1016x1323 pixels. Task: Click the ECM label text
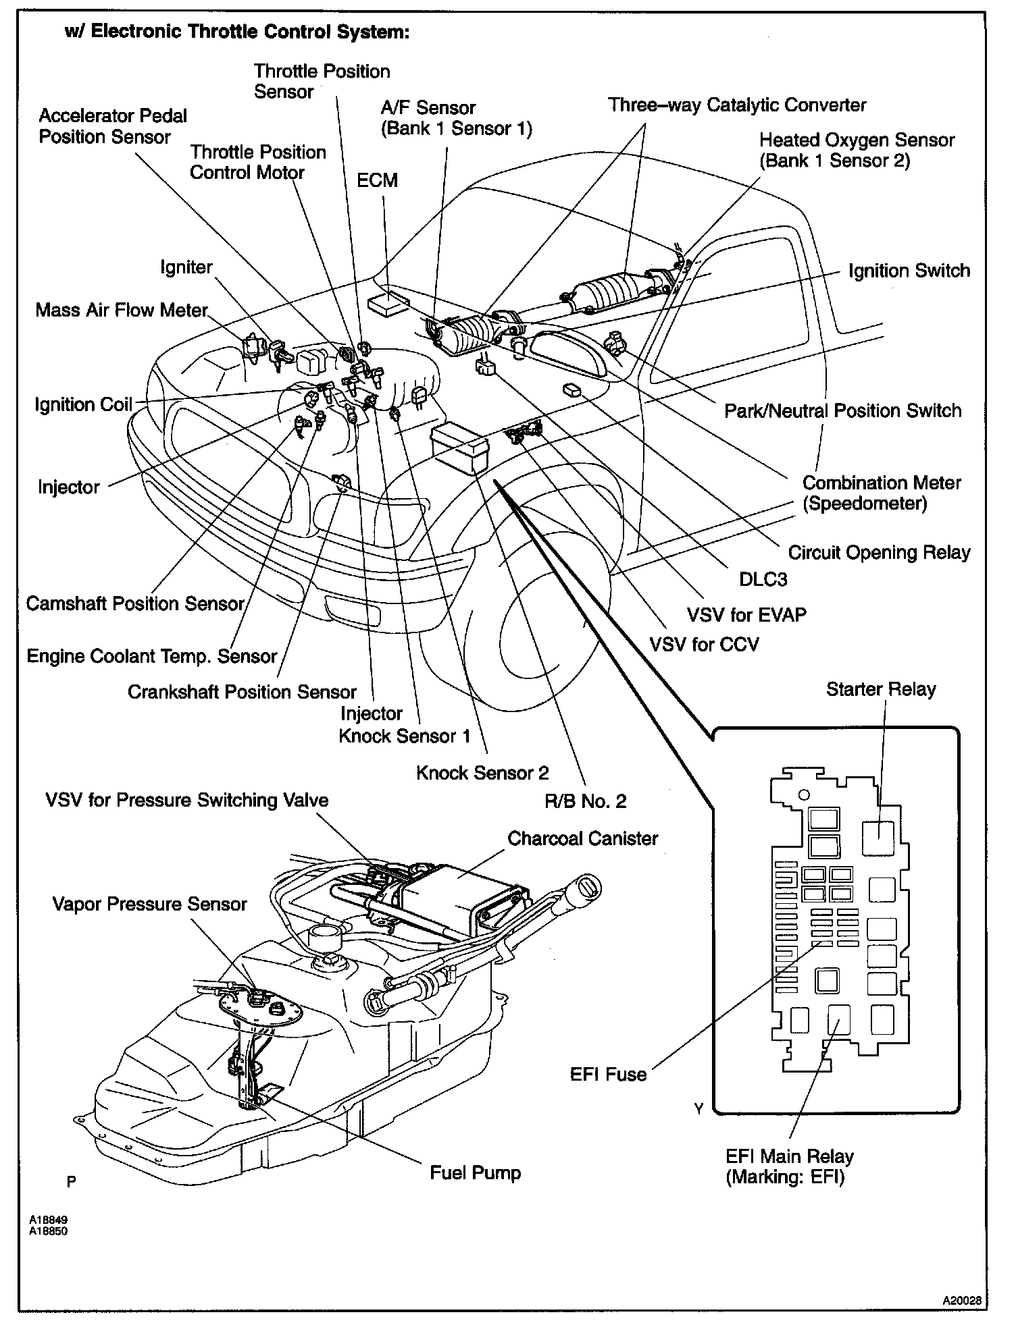coord(377,181)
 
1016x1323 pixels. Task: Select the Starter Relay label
coord(881,689)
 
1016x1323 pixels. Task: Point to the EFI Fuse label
coord(608,1074)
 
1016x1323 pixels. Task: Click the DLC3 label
coord(763,579)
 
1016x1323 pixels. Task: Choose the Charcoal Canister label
coord(582,838)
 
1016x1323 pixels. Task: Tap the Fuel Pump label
coord(475,1172)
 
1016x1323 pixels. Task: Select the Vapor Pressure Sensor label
coord(149,904)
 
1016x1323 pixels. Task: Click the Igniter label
coord(186,267)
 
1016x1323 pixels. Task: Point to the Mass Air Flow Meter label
coord(122,310)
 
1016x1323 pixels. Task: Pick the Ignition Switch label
coord(909,271)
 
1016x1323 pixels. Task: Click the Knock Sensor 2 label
coord(482,772)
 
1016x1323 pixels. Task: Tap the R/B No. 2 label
coord(585,801)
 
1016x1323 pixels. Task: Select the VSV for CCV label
coord(704,644)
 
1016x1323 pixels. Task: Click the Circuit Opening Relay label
coord(879,552)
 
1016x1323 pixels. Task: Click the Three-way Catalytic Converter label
coord(736,105)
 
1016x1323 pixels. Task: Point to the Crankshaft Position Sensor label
coord(242,692)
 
